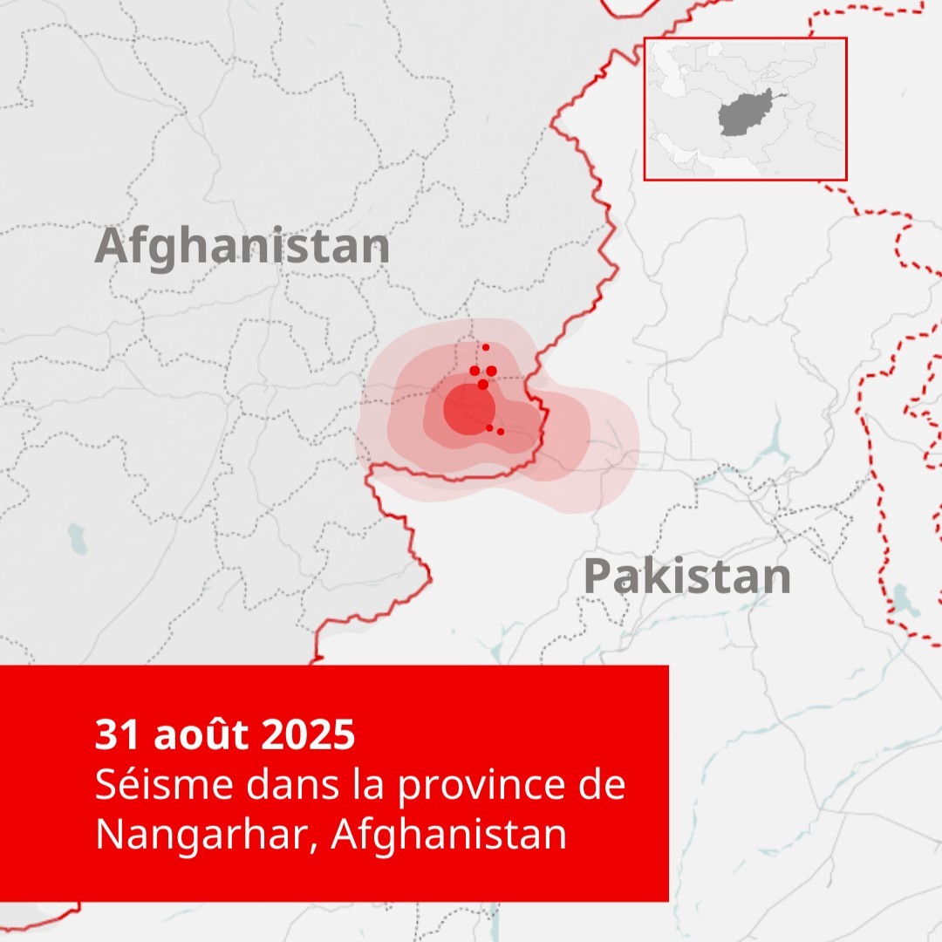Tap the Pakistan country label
(x=687, y=577)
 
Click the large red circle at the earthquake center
(x=469, y=407)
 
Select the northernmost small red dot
(x=486, y=347)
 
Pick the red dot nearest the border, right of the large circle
(x=501, y=432)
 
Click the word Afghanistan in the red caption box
(x=449, y=835)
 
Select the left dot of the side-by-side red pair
(x=474, y=371)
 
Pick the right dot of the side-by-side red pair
(x=491, y=371)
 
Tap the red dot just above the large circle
(x=483, y=384)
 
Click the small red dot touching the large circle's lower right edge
(x=489, y=427)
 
